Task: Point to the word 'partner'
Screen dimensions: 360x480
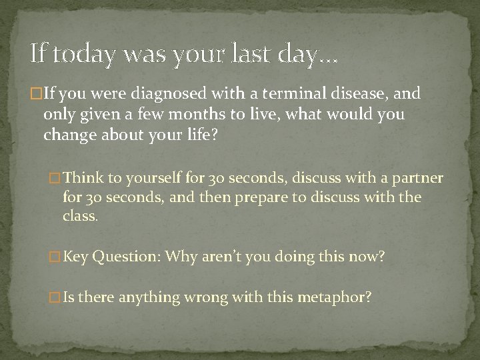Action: pyautogui.click(x=417, y=179)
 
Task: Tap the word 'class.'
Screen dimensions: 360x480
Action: pyautogui.click(x=79, y=217)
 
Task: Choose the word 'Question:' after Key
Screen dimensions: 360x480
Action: pyautogui.click(x=127, y=257)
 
